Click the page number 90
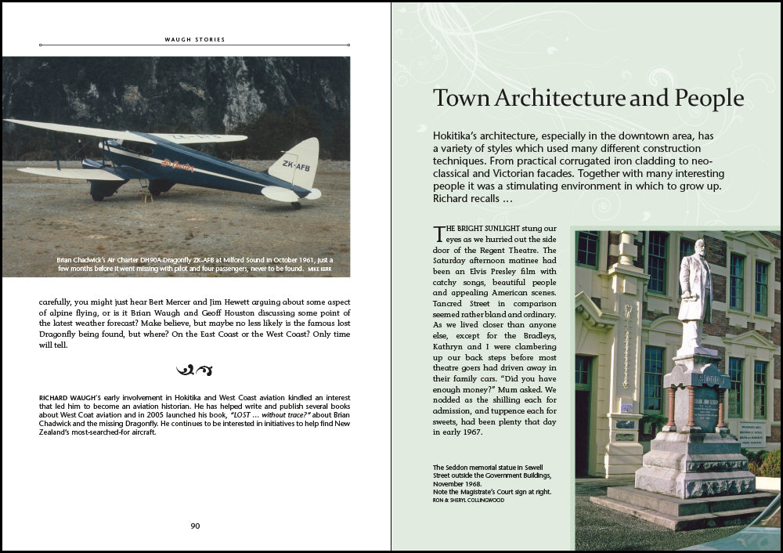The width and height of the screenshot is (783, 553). point(195,526)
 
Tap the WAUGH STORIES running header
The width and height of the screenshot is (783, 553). point(195,38)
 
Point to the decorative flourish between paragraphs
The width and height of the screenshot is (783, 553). point(195,370)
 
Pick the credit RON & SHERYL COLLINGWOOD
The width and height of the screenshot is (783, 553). point(468,500)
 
